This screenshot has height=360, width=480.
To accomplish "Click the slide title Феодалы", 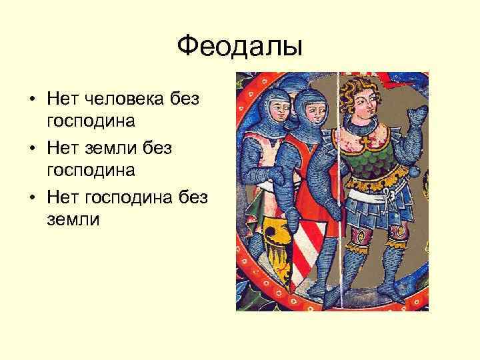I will point(240,47).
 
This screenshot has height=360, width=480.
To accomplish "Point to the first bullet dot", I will point(32,101).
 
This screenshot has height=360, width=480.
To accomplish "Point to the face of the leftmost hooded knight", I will point(279,107).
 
